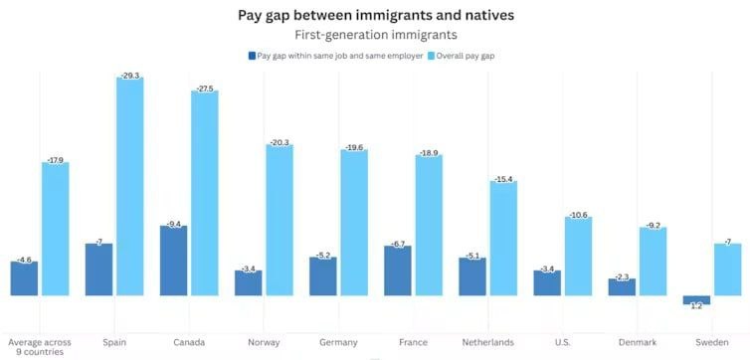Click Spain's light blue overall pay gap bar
(x=129, y=186)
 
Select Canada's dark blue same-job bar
(x=174, y=261)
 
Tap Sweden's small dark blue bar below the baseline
(x=696, y=299)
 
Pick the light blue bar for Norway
(x=280, y=220)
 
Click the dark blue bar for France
(x=398, y=270)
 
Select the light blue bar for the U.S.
(x=578, y=257)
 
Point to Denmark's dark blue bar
(x=622, y=286)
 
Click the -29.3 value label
(x=129, y=76)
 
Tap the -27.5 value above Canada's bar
(x=205, y=89)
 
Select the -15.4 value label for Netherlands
(x=503, y=179)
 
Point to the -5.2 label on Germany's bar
(x=323, y=256)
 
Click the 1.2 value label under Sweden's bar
(x=696, y=306)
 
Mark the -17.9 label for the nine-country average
(x=56, y=160)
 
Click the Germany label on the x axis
(x=338, y=342)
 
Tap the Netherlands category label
(x=487, y=342)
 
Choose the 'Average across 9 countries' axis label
(x=40, y=347)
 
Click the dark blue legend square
(x=252, y=56)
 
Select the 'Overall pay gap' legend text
(x=466, y=56)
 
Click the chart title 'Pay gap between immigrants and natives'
(x=376, y=15)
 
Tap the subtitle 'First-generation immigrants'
(x=375, y=35)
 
